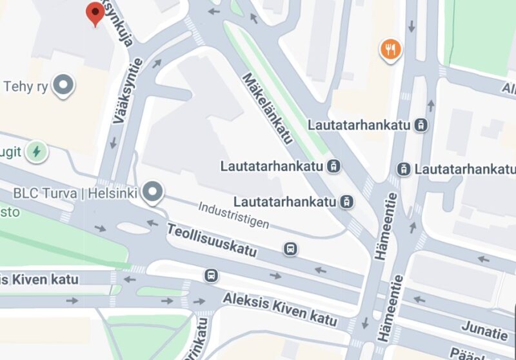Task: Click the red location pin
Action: [x=95, y=12]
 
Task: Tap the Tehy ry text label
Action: [x=26, y=86]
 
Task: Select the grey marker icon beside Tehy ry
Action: [x=63, y=85]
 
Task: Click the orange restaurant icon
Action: [x=390, y=48]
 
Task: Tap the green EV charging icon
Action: [x=37, y=151]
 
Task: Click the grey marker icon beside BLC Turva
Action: [x=153, y=192]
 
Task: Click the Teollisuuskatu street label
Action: [x=212, y=240]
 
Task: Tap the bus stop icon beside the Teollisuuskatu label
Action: [x=291, y=248]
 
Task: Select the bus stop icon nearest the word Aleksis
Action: [x=210, y=275]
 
